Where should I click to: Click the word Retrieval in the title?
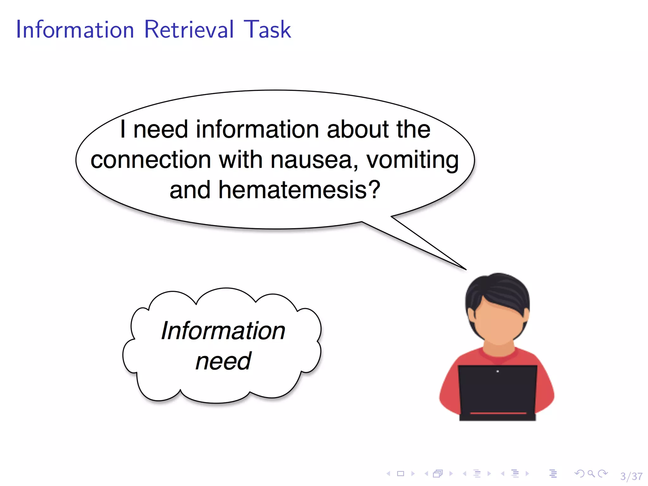click(189, 29)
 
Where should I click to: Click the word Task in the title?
click(267, 29)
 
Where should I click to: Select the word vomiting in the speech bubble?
click(412, 160)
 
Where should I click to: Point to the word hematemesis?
click(299, 190)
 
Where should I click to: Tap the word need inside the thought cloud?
click(223, 361)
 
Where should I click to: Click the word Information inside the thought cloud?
click(223, 331)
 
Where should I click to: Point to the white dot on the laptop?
click(498, 371)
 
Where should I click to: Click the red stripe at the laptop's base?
click(498, 413)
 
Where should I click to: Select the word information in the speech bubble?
click(257, 129)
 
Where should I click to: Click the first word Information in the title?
click(75, 29)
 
